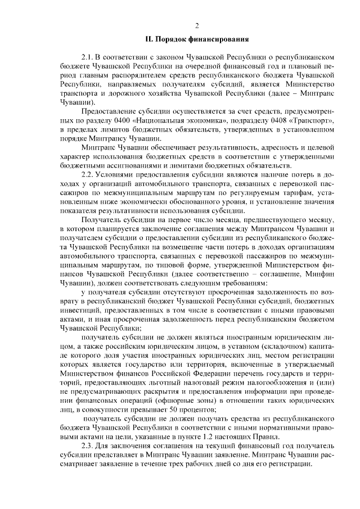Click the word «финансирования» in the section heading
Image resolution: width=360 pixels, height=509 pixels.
(x=219, y=39)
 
